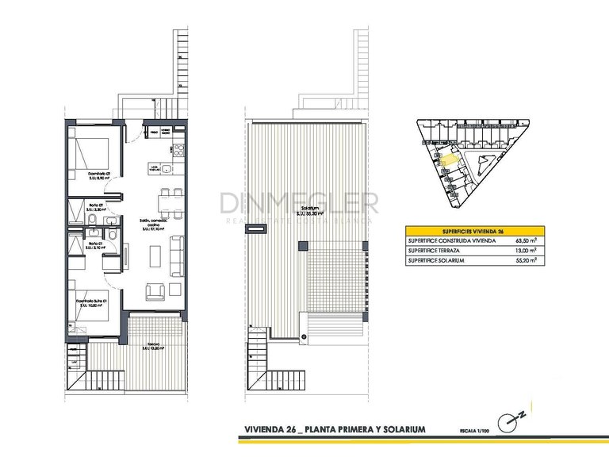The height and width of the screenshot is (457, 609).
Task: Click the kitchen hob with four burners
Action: (178, 150)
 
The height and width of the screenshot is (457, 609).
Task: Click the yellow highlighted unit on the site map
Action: (450, 159)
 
